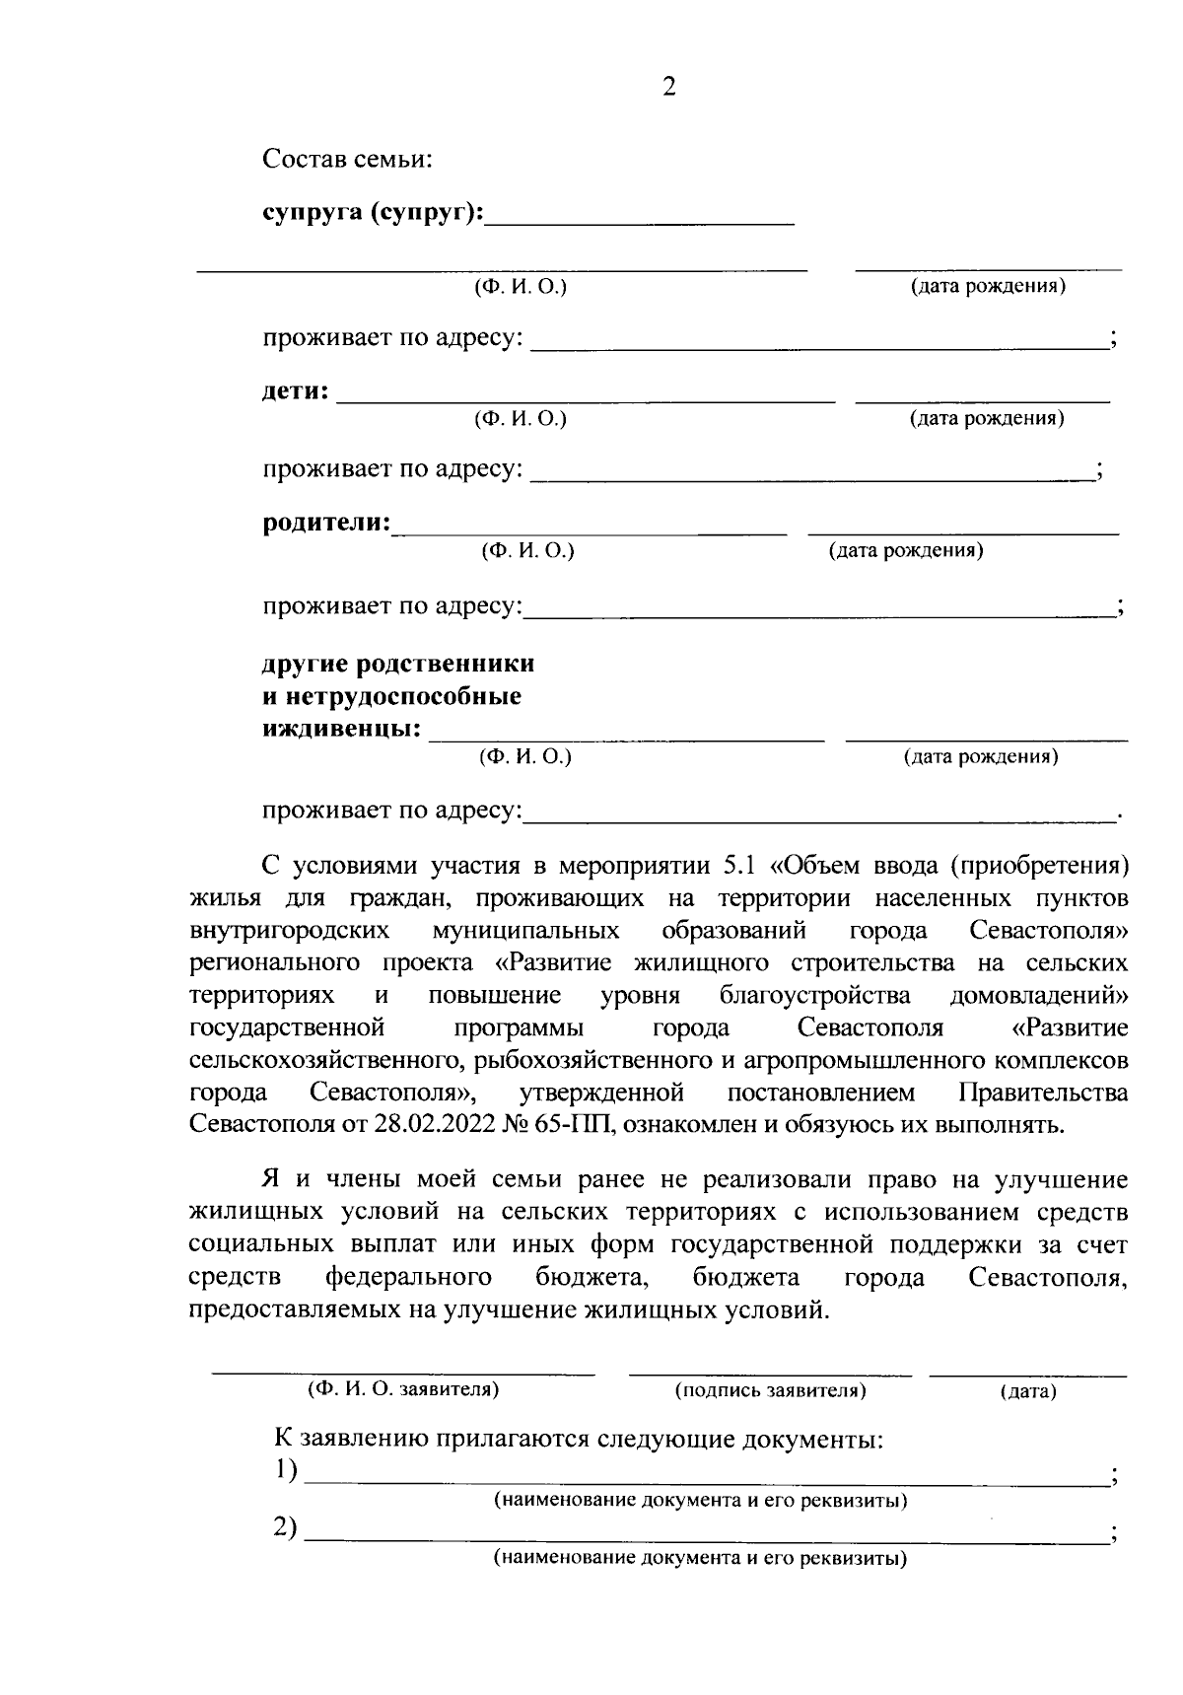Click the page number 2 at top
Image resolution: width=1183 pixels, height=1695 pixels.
(669, 88)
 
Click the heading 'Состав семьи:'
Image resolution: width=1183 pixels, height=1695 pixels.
(347, 160)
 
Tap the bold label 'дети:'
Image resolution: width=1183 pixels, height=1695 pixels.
(295, 391)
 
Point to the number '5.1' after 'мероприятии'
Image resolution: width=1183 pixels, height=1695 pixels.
(739, 866)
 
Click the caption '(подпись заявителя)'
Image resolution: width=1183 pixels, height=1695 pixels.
(770, 1390)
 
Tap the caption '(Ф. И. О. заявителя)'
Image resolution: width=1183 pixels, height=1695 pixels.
(403, 1389)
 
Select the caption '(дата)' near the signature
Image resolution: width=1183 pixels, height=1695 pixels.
(1027, 1391)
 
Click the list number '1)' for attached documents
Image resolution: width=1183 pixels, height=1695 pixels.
(285, 1469)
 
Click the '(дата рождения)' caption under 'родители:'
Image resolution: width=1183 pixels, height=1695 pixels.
(906, 550)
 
